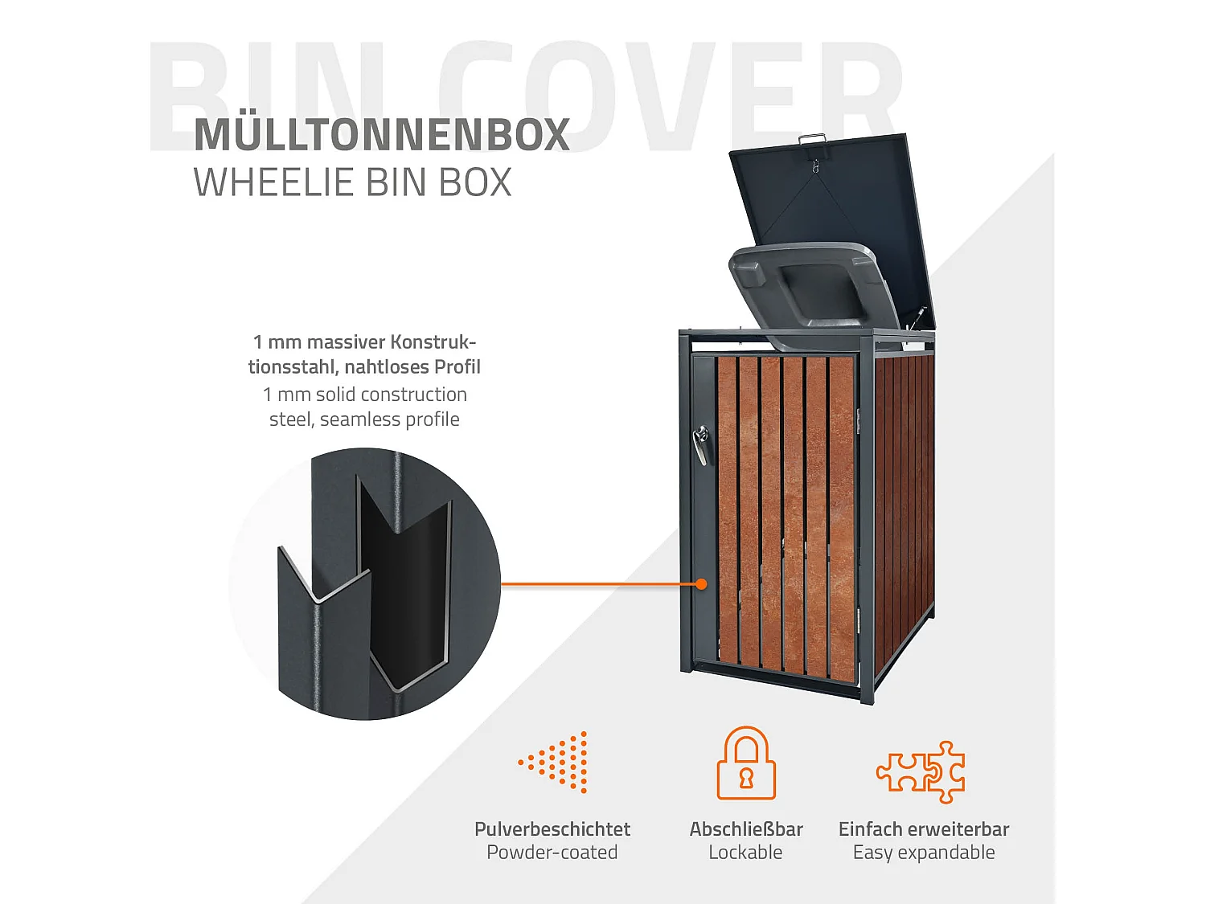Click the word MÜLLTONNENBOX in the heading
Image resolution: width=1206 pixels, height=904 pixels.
pyautogui.click(x=382, y=135)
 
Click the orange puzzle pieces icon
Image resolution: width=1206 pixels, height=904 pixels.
pyautogui.click(x=921, y=771)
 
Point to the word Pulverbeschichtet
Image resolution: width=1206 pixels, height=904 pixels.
pyautogui.click(x=552, y=829)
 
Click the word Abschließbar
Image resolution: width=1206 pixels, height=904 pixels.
pyautogui.click(x=746, y=829)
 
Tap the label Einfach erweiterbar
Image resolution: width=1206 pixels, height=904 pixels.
pyautogui.click(x=924, y=829)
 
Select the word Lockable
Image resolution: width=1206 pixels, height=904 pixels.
pyautogui.click(x=745, y=853)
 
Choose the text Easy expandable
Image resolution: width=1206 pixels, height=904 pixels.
pyautogui.click(x=924, y=853)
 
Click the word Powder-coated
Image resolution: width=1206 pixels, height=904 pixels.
pyautogui.click(x=552, y=853)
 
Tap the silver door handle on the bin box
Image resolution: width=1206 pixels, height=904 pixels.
pyautogui.click(x=701, y=445)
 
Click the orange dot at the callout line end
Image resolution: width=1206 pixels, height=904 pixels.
pyautogui.click(x=701, y=584)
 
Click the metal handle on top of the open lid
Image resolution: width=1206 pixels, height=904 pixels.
pyautogui.click(x=813, y=141)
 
